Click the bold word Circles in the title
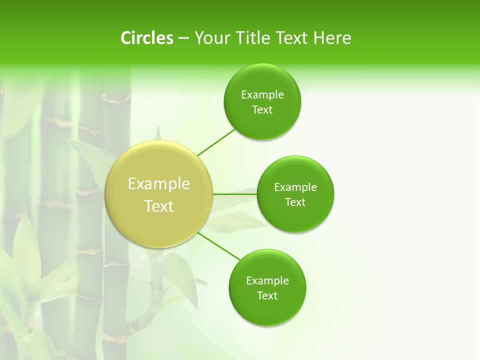click(146, 38)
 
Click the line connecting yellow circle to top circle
click(216, 142)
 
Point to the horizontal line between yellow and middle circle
click(235, 193)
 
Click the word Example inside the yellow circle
click(159, 184)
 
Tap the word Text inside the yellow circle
click(159, 206)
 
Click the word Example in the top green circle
click(262, 95)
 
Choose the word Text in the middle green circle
click(295, 202)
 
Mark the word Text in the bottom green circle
click(267, 296)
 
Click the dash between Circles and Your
click(183, 38)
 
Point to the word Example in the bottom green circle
click(267, 281)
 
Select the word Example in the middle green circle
click(295, 187)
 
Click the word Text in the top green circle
click(262, 110)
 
